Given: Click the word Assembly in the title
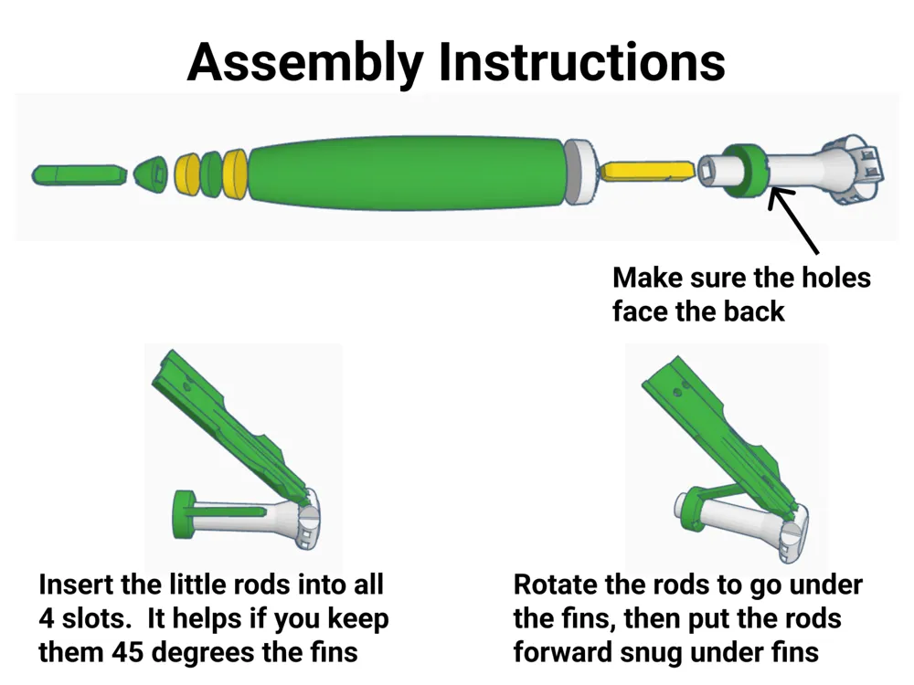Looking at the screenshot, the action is pos(305,62).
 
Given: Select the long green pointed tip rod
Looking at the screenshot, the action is pos(80,174).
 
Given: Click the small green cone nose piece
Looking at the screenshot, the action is pos(151,174).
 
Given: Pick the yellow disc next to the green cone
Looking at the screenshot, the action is pos(187,174).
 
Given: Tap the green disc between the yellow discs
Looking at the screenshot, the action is pos(212,174).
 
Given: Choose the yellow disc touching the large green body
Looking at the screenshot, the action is pos(236,174).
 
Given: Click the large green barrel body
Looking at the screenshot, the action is pos(407,173).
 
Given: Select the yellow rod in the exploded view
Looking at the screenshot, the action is pos(647,172).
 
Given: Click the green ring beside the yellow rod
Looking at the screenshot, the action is pos(746,171).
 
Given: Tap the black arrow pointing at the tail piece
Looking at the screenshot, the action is pos(794,221).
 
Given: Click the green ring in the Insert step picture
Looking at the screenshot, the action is pos(186,513).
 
